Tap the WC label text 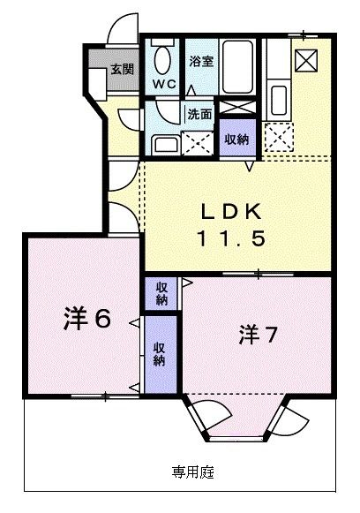tap(164, 85)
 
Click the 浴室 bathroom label tap(201, 61)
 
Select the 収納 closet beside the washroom tap(236, 140)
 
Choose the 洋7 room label tap(259, 336)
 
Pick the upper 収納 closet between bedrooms tap(162, 293)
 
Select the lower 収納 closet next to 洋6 tap(159, 353)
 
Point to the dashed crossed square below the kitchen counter tap(280, 135)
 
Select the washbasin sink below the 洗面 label tap(163, 141)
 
